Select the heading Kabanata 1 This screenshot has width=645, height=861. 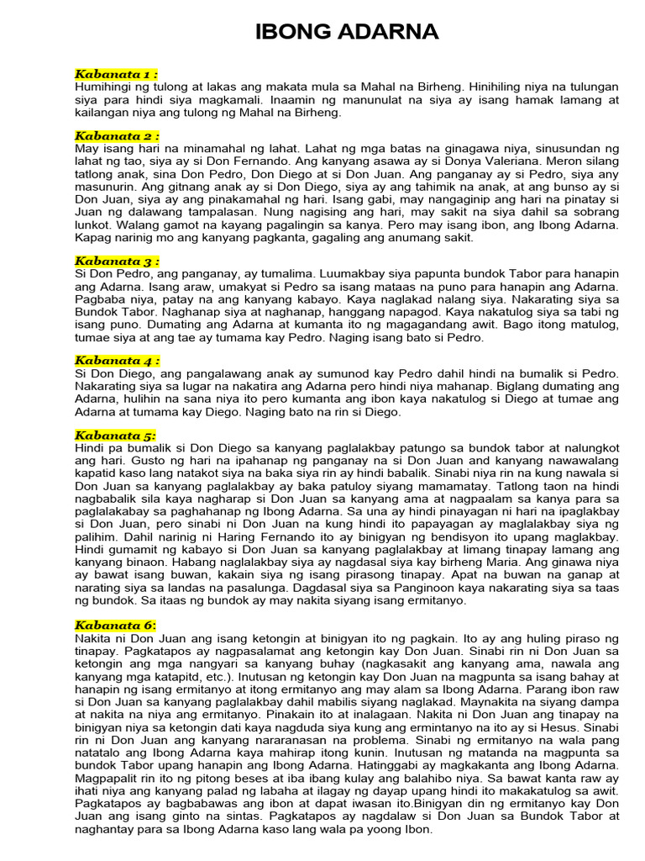pyautogui.click(x=117, y=75)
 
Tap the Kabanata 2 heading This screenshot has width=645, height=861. pyautogui.click(x=117, y=136)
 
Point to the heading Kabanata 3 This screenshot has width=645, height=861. pyautogui.click(x=117, y=261)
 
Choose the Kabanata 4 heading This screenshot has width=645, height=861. pyautogui.click(x=117, y=361)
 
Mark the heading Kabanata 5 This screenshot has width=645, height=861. pyautogui.click(x=116, y=436)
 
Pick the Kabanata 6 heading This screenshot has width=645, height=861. pyautogui.click(x=116, y=625)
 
